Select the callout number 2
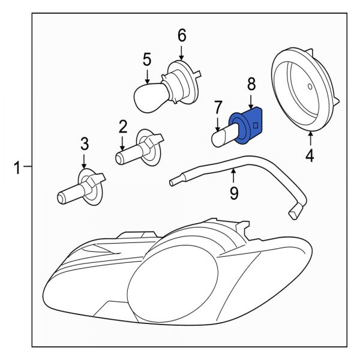coord(123,127)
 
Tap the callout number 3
coord(85,143)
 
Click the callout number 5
coord(146,59)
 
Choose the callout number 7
coord(218,108)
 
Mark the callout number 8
coord(251,83)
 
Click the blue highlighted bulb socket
coord(247,127)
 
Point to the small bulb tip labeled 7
coord(220,137)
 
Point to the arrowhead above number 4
coord(311,134)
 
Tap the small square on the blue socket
coord(256,126)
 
